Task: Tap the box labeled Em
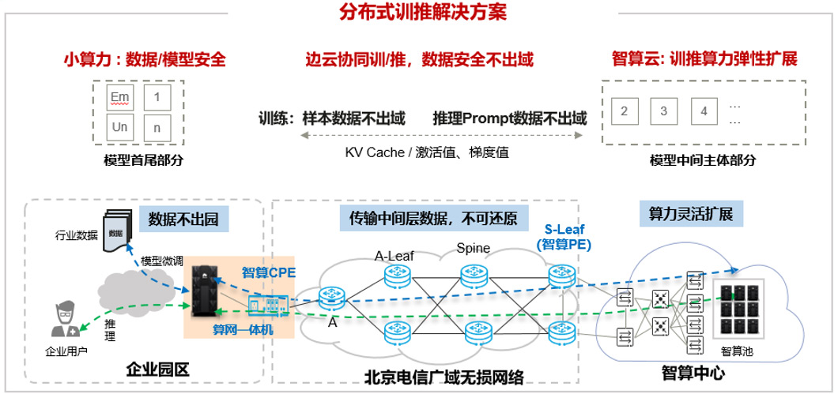pos(120,98)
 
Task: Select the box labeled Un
pos(120,126)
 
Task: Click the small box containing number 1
pos(158,98)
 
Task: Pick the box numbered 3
pos(664,111)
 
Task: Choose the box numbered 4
pos(704,111)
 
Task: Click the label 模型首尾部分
pos(143,160)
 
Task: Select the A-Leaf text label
pos(394,255)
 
